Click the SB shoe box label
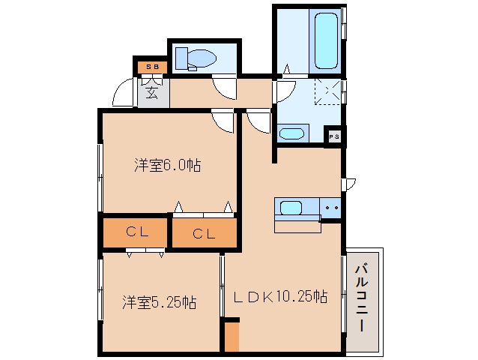(x=152, y=67)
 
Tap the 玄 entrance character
(x=152, y=93)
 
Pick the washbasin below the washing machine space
(x=291, y=134)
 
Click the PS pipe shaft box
(x=334, y=136)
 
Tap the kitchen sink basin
(x=289, y=207)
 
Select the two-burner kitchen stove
(x=331, y=207)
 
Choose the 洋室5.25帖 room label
(x=160, y=302)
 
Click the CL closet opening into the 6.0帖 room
(x=204, y=233)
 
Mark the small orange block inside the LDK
(x=232, y=335)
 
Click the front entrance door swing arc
(x=121, y=94)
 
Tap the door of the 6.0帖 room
(x=223, y=121)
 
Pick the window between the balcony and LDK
(x=343, y=292)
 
